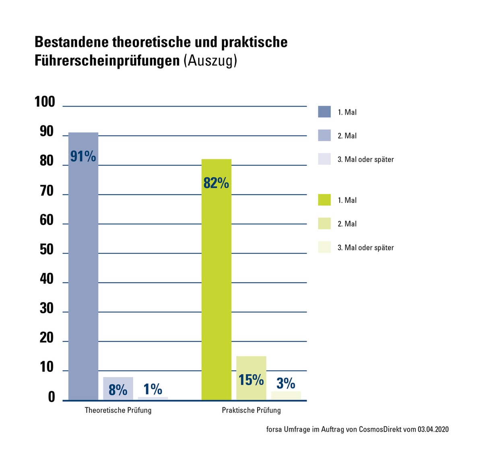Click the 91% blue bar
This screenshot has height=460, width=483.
(83, 266)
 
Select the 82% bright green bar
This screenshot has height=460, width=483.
(216, 282)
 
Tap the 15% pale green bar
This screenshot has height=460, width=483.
(251, 378)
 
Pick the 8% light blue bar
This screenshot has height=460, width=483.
(118, 389)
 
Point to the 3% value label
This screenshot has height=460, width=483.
(286, 384)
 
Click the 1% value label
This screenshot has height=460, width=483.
(153, 389)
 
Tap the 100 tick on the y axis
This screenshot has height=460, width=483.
(45, 102)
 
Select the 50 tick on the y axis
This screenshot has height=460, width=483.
(47, 250)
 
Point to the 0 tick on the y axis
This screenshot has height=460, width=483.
(52, 397)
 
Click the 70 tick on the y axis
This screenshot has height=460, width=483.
(47, 191)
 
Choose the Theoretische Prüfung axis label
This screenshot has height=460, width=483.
(118, 410)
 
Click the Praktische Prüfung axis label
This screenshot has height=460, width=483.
(251, 410)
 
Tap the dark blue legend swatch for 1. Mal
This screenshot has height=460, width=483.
(324, 112)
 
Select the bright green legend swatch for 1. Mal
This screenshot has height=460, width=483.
(324, 200)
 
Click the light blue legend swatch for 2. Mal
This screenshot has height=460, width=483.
(324, 136)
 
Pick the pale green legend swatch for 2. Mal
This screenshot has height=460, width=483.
(324, 224)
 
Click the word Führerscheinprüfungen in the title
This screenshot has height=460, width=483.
(107, 61)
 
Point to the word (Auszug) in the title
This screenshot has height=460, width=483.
(210, 61)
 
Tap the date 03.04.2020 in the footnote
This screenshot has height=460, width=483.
(433, 429)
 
